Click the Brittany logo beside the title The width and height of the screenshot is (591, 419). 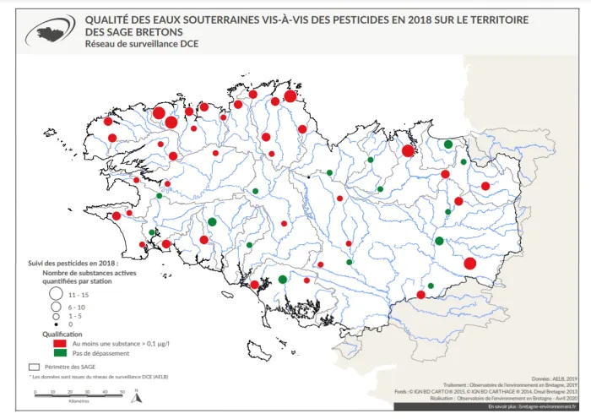pyautogui.click(x=52, y=31)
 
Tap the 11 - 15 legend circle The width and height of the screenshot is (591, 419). pyautogui.click(x=56, y=294)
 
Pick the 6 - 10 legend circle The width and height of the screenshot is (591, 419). pyautogui.click(x=56, y=307)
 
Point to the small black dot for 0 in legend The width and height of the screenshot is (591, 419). pyautogui.click(x=56, y=324)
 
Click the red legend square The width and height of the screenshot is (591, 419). pyautogui.click(x=59, y=344)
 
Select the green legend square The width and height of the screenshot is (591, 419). pyautogui.click(x=59, y=354)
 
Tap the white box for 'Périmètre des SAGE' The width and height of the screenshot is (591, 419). pyautogui.click(x=35, y=367)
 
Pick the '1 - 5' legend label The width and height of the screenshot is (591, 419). pyautogui.click(x=76, y=316)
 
